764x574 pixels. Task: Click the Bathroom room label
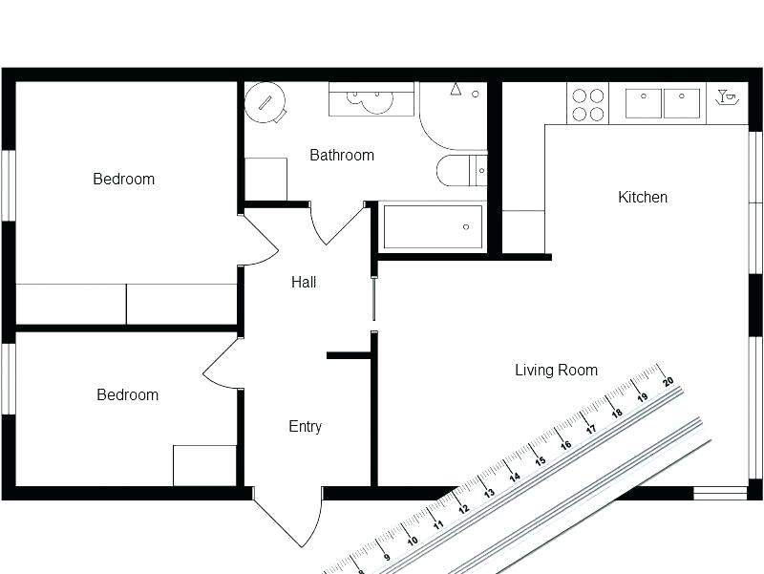tap(342, 155)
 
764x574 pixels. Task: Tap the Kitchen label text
tap(643, 198)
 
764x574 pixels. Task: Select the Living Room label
tap(556, 371)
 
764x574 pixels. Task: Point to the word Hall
tap(304, 283)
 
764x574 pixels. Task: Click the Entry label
tap(305, 427)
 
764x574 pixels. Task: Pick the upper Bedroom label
tap(123, 179)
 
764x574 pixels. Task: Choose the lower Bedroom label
tap(127, 394)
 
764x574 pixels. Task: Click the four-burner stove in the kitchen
tap(587, 104)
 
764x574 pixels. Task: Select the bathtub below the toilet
tap(433, 227)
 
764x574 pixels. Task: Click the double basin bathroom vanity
tap(371, 99)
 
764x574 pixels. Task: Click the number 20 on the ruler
tap(668, 380)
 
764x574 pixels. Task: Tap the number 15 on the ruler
tap(540, 460)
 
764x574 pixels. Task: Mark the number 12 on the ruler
tap(463, 508)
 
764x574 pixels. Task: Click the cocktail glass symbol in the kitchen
tap(727, 96)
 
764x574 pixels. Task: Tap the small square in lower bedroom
tap(204, 465)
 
